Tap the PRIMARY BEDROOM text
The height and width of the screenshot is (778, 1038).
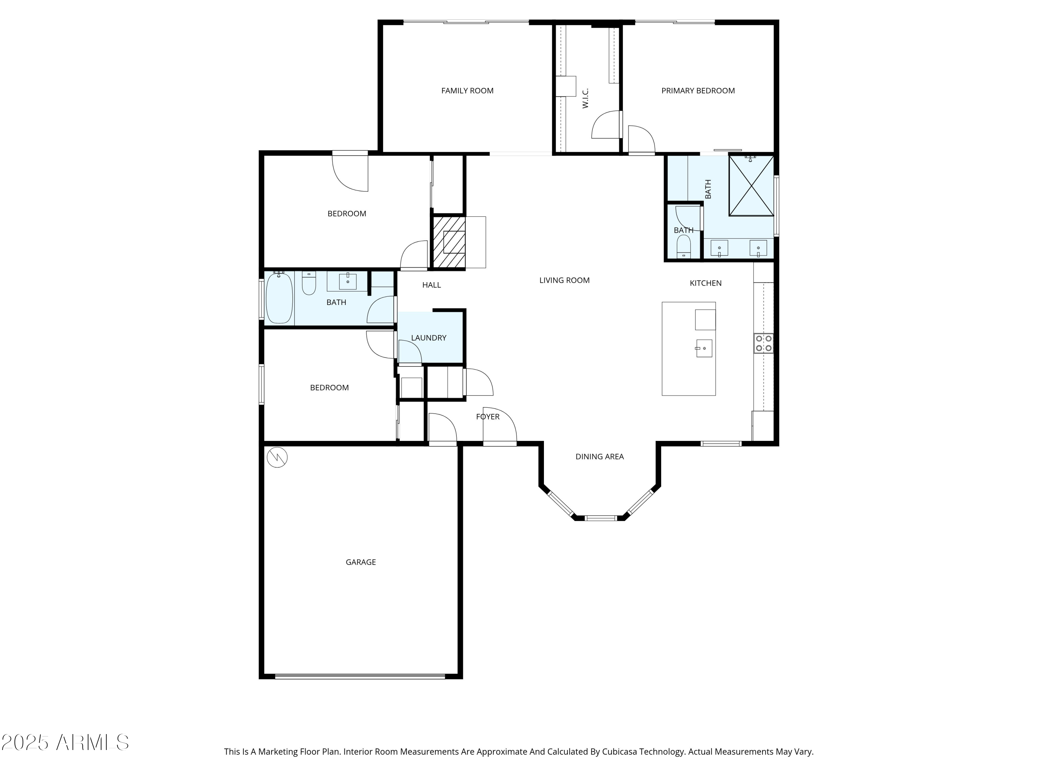point(698,91)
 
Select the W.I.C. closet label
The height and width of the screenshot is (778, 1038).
point(585,99)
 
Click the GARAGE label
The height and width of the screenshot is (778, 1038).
point(361,562)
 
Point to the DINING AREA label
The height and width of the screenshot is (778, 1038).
point(599,456)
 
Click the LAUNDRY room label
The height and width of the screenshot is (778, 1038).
point(428,337)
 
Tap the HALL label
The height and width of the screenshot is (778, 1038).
point(431,285)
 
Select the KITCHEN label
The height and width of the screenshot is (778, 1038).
point(705,283)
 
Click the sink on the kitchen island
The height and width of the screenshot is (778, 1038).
point(704,349)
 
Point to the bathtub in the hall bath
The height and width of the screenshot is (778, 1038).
point(279,298)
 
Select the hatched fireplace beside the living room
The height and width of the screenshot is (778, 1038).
point(449,242)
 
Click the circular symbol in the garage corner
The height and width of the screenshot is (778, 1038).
point(277,457)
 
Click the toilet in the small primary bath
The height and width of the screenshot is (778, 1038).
point(684,246)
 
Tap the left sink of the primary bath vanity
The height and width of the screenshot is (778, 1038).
point(719,248)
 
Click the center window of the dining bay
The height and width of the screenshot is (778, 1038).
point(600,518)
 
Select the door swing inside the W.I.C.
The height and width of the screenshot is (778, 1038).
point(606,125)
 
